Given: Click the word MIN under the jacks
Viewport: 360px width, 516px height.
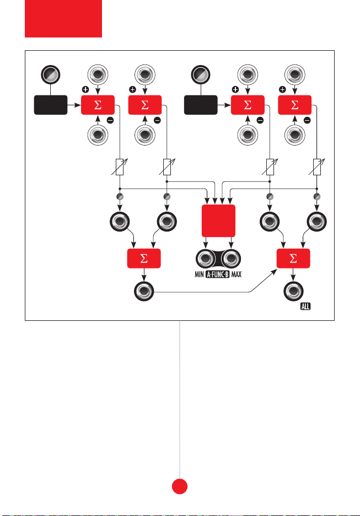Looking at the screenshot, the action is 200,274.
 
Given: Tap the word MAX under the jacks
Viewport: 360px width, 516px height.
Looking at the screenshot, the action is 237,274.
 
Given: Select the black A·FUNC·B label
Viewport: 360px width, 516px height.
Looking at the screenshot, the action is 218,274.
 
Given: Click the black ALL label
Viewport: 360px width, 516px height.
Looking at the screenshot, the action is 305,307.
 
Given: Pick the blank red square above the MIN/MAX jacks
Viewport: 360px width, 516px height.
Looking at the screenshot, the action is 218,221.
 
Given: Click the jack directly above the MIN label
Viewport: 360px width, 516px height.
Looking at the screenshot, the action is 206,259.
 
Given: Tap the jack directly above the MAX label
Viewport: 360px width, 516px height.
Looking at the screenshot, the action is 231,259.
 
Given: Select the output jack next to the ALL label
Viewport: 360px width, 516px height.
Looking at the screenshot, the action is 293,291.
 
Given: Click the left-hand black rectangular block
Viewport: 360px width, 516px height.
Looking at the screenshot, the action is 51,105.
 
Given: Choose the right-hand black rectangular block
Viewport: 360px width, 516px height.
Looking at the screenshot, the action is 201,105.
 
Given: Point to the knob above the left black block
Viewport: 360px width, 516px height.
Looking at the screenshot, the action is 50,74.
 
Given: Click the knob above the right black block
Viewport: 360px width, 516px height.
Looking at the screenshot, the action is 201,74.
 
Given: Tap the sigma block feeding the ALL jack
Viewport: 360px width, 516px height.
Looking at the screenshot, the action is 293,259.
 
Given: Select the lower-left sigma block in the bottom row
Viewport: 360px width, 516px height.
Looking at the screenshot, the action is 144,259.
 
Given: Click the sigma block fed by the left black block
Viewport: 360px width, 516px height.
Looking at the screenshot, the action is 98,105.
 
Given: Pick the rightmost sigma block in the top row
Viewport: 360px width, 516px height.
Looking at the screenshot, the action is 295,105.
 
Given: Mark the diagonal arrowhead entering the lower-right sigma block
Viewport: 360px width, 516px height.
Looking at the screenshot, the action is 274,271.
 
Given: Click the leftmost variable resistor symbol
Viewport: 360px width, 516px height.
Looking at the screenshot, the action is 120,167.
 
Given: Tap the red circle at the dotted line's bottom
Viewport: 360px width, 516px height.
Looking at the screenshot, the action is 180,486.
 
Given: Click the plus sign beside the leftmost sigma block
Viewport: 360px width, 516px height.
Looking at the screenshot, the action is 85,89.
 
